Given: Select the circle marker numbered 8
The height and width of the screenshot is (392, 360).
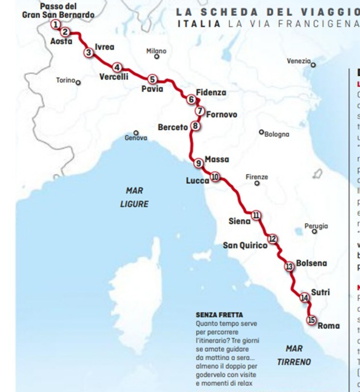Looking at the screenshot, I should click(195, 126).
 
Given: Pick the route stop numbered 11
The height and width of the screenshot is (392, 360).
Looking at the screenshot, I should click(256, 215).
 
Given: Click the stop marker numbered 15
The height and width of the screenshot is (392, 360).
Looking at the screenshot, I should click(311, 320).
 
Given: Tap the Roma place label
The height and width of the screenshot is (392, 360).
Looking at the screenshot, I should click(329, 326).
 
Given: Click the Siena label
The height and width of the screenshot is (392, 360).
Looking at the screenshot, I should click(239, 221).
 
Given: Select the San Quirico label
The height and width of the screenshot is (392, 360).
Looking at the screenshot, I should click(245, 245).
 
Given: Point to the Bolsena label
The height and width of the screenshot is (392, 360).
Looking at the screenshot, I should click(312, 264).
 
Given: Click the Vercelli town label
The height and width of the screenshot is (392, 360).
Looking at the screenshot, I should click(113, 77).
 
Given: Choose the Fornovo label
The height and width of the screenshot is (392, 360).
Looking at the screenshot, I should click(221, 115).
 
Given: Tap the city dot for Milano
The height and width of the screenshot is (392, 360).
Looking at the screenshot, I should click(157, 57).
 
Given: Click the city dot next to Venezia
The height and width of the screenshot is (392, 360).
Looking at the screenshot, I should click(313, 65).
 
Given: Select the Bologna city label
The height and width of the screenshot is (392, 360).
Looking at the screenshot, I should click(277, 134).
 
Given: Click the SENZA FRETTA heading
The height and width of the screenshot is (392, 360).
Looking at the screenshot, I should click(219, 314).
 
